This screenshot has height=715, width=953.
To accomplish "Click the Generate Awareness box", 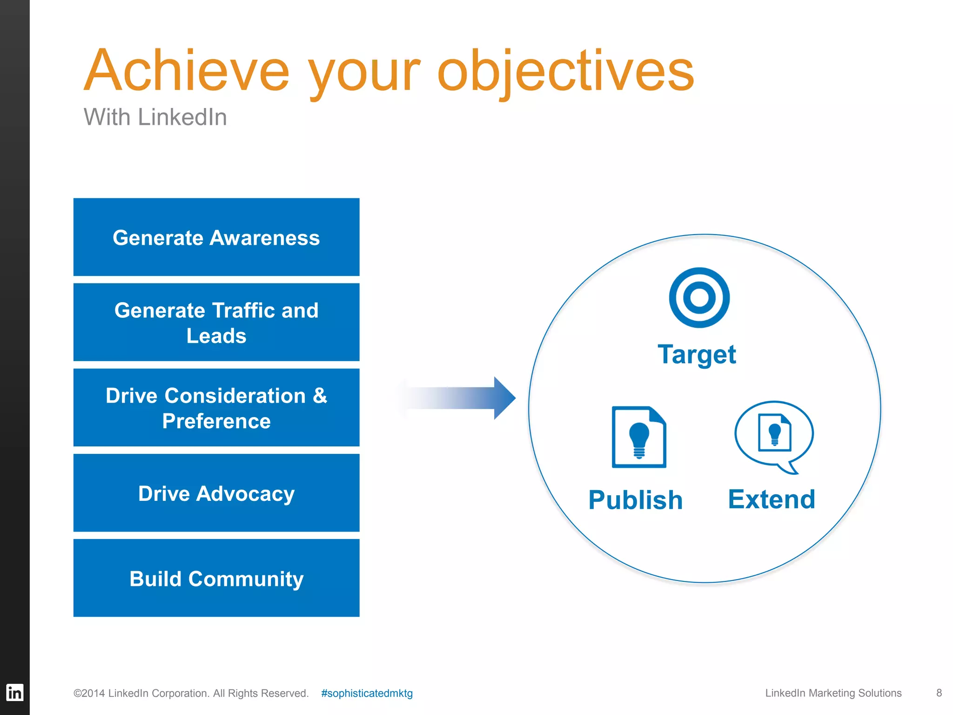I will click(x=216, y=237).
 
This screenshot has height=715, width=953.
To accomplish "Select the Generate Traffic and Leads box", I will click(x=216, y=322).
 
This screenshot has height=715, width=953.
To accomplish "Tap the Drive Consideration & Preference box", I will click(x=216, y=408).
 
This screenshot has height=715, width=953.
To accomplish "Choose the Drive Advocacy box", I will click(x=216, y=493).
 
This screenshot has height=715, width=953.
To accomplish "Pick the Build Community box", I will click(x=216, y=578).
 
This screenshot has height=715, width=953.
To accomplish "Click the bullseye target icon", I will click(x=699, y=297).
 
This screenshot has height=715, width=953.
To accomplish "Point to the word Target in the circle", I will click(x=697, y=355).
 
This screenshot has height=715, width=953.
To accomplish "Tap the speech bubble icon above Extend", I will click(x=774, y=436).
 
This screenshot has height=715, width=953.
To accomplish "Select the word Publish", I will click(x=635, y=500).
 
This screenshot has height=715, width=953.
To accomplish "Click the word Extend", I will click(x=772, y=499).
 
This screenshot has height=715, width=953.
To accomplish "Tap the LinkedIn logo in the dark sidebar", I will click(x=14, y=692).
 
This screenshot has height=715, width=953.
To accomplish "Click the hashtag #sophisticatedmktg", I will click(x=367, y=693).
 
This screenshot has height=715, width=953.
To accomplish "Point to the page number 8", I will click(x=939, y=693).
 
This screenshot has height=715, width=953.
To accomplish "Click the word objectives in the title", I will click(x=565, y=72).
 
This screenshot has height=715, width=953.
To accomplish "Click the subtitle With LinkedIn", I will click(x=155, y=117).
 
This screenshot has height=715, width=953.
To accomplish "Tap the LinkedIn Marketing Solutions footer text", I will click(x=833, y=693).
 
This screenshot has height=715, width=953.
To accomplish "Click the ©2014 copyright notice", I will click(x=191, y=693).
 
